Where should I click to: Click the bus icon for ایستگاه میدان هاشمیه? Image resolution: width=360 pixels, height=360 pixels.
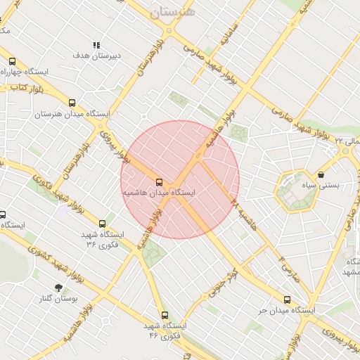pos(159,181)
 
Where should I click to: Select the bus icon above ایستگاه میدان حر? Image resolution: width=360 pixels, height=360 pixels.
pos(286,299)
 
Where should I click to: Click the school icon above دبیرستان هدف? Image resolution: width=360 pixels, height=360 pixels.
pos(96,45)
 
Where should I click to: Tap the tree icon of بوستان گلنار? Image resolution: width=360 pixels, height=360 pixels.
pos(58,288)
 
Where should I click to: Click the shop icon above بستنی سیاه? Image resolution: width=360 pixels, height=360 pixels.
pos(321,174)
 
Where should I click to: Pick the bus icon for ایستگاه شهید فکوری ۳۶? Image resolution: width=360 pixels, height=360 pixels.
pos(103,224)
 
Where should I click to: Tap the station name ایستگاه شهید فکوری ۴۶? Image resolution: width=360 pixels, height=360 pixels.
pos(163,331)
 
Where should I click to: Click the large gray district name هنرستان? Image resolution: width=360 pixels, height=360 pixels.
pos(173,12)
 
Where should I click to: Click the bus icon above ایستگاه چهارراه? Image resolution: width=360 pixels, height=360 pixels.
pos(11,61)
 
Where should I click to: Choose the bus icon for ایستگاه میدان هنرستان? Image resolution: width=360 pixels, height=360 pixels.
pos(71,103)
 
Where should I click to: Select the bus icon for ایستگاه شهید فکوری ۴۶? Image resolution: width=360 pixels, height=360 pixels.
pos(165,315)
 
